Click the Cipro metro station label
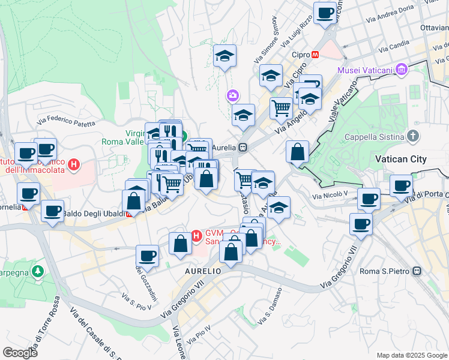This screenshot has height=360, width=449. click(x=300, y=55)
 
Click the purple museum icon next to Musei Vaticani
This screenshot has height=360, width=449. click(x=400, y=70)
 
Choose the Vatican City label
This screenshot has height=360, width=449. click(x=400, y=159)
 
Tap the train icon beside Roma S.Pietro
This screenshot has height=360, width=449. click(x=415, y=271)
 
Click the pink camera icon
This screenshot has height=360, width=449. click(x=232, y=95)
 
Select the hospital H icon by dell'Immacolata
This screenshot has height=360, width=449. click(x=73, y=164)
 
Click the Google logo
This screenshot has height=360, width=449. click(x=20, y=353)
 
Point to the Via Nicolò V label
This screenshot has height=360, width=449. click(x=330, y=194)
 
